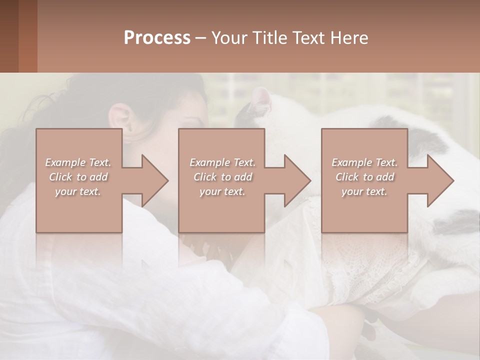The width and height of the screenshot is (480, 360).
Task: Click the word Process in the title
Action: coord(157,38)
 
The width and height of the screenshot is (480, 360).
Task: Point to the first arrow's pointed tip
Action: coord(167,180)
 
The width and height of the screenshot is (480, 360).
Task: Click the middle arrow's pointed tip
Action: coord(310,180)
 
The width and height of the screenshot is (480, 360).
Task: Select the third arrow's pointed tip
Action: coord(453,180)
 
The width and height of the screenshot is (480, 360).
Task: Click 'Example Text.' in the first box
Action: coord(78,162)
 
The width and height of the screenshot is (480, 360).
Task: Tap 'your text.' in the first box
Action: coord(78,191)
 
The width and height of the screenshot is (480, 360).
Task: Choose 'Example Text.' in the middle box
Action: coord(222,162)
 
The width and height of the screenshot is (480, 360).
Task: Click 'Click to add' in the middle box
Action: coord(222,177)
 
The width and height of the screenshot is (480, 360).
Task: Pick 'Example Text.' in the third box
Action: coord(364,162)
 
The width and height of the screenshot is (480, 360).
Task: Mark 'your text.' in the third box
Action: coord(364,191)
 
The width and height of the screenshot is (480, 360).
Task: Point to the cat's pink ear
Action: coord(260,100)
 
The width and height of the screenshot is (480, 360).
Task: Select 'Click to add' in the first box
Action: coord(78,177)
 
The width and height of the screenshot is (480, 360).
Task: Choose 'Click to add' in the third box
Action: coord(364,177)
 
